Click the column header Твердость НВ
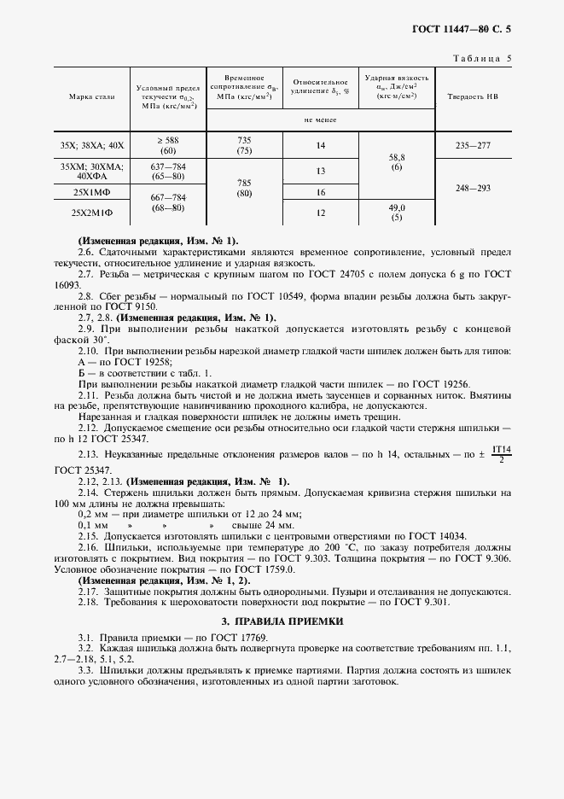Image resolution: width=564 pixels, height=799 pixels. [x=473, y=97]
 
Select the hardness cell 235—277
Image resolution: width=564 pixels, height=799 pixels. [x=473, y=146]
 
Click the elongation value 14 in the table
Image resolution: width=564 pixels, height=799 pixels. [x=321, y=146]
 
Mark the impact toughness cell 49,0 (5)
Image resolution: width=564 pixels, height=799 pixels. [x=397, y=213]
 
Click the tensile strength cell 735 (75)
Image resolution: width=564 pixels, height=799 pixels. [x=244, y=146]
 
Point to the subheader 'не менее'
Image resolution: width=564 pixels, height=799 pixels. [x=321, y=120]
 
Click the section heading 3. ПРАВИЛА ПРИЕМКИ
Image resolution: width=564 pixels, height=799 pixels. [x=282, y=621]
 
